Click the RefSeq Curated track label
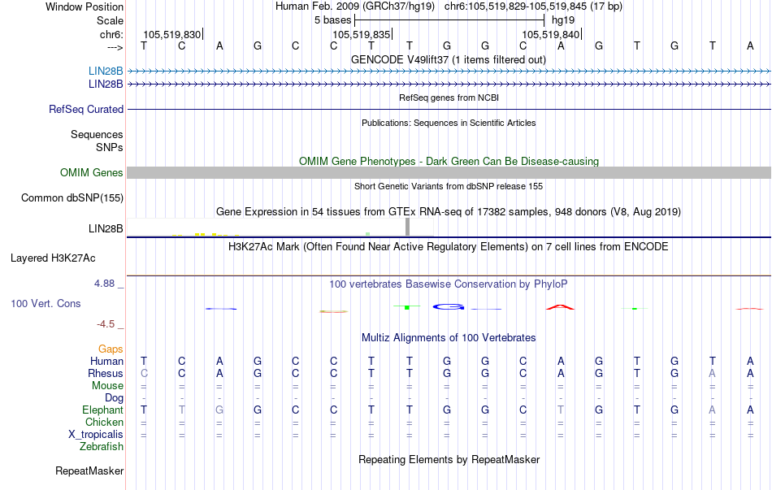(86, 109)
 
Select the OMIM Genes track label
(92, 172)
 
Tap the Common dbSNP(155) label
(72, 197)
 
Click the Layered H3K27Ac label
(53, 258)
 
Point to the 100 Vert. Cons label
(46, 303)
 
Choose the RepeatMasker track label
(89, 470)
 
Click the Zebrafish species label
(102, 446)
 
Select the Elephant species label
(103, 410)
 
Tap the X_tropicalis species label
(96, 434)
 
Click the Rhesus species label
(106, 373)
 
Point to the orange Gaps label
(111, 349)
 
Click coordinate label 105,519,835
(361, 34)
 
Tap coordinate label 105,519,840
(551, 34)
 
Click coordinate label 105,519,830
(171, 34)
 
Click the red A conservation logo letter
(560, 306)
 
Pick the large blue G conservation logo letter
(448, 306)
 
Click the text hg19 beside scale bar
(563, 19)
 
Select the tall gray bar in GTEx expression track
(408, 227)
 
